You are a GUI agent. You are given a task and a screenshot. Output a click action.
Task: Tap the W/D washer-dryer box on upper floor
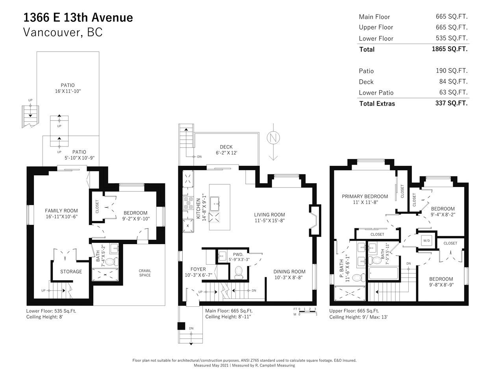pyautogui.click(x=426, y=241)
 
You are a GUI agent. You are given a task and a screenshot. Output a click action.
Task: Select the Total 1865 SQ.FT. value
pyautogui.click(x=450, y=49)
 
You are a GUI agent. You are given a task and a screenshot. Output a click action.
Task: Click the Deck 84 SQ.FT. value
pyautogui.click(x=453, y=82)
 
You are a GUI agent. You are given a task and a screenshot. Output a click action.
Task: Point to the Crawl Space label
pyautogui.click(x=145, y=273)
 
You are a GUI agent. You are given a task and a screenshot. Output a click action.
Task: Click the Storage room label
pyautogui.click(x=71, y=272)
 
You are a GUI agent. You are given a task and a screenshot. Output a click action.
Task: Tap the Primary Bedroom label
pyautogui.click(x=365, y=196)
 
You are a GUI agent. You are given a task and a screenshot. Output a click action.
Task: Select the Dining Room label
pyautogui.click(x=289, y=272)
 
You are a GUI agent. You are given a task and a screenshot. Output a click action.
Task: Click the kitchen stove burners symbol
pyautogui.click(x=188, y=203)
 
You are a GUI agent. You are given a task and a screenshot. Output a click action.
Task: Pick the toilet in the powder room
pyautogui.click(x=239, y=272)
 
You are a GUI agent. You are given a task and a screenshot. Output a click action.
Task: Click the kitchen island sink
pyautogui.click(x=215, y=204)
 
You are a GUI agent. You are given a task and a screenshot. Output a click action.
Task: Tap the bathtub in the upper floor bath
pyautogui.click(x=383, y=273)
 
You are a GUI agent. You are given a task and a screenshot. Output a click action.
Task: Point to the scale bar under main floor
pyautogui.click(x=308, y=311)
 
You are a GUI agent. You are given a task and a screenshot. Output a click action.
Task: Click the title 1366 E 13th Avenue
pyautogui.click(x=78, y=18)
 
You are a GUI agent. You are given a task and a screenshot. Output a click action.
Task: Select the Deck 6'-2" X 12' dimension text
pyautogui.click(x=226, y=153)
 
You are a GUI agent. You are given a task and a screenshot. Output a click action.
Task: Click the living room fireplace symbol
pyautogui.click(x=315, y=220)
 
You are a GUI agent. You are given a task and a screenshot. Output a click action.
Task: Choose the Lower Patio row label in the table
pyautogui.click(x=376, y=93)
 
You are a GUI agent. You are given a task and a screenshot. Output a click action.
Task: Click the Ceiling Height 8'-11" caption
pyautogui.click(x=228, y=317)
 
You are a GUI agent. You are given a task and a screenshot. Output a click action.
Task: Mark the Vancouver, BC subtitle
pyautogui.click(x=63, y=32)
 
